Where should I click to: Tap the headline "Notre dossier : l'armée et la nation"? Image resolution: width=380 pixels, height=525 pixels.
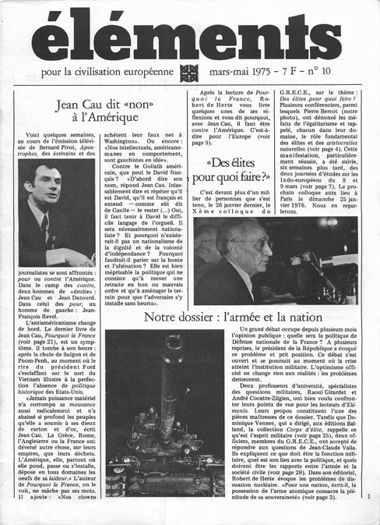(245, 318)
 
